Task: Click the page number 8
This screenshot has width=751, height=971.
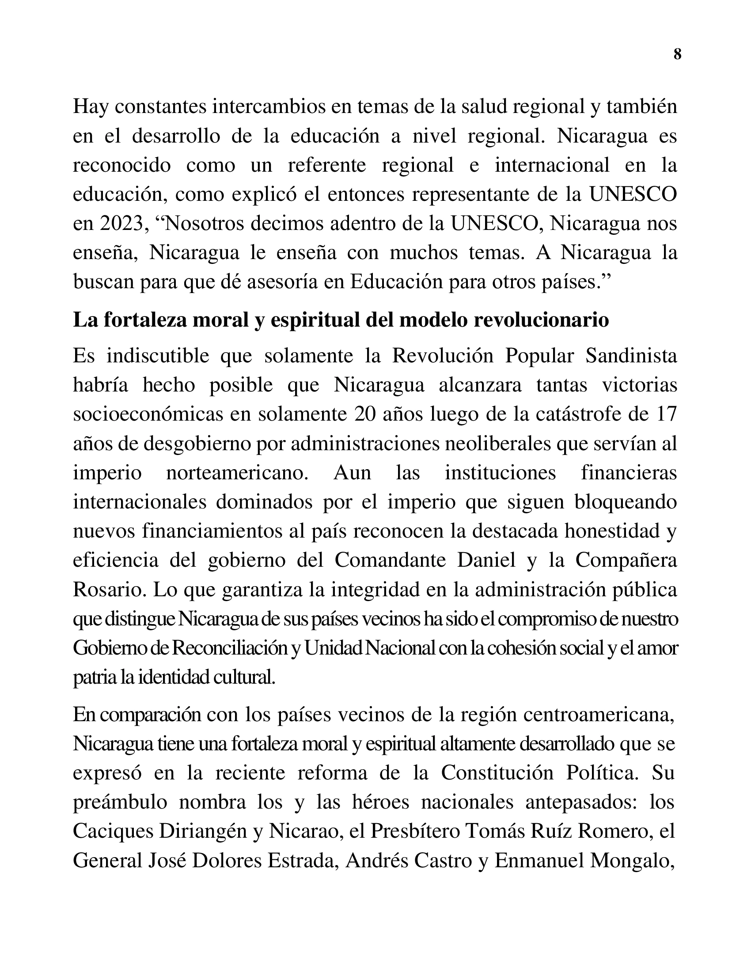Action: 677,55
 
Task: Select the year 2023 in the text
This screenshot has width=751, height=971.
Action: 121,223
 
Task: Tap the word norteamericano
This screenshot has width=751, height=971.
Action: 237,472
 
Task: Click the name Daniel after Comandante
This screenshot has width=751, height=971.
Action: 486,560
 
